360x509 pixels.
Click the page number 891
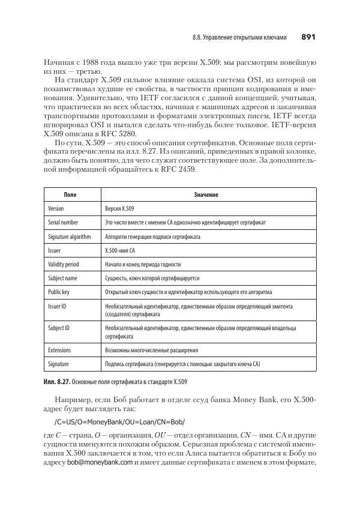[308, 38]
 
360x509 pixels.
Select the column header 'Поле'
[70, 195]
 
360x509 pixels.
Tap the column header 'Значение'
[206, 195]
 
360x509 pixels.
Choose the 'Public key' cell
[59, 292]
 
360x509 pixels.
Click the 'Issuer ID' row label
[57, 306]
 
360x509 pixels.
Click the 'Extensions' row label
[59, 350]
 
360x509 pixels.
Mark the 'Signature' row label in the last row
[58, 364]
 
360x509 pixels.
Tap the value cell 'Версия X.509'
[120, 209]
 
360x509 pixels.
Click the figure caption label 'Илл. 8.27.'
[57, 381]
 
